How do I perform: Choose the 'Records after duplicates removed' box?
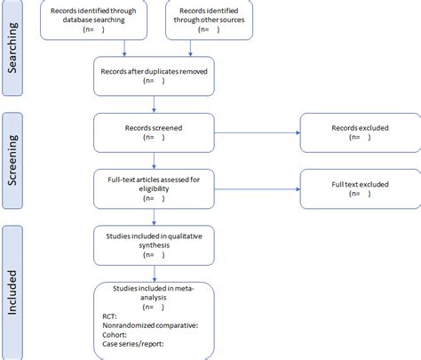pyautogui.click(x=155, y=76)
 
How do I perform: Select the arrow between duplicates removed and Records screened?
pyautogui.click(x=155, y=104)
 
